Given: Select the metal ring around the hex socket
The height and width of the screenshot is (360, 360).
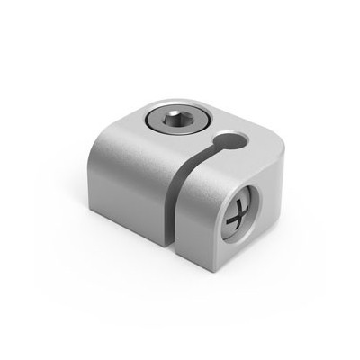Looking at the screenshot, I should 153,118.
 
